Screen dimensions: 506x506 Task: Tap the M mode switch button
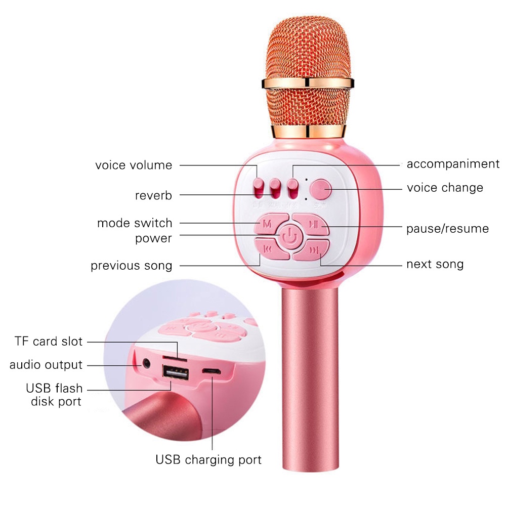[268, 223]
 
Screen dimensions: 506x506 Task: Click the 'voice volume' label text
[134, 165]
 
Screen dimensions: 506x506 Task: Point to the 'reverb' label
[153, 196]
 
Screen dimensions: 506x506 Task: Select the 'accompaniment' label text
[453, 164]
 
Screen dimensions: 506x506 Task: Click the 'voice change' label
[445, 188]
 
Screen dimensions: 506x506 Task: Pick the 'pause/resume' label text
[447, 229]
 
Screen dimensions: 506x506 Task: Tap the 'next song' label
[435, 264]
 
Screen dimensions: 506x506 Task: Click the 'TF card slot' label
[48, 342]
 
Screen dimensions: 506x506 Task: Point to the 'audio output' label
[46, 365]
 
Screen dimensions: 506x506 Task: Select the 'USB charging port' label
[208, 460]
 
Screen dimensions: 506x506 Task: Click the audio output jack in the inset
[147, 363]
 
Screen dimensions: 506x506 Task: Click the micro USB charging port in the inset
[212, 371]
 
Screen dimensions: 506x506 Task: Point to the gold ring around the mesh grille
[307, 82]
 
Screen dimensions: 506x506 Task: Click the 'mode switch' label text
[135, 223]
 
